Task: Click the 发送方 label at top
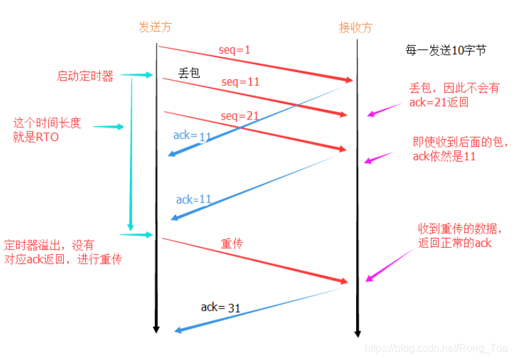[x=156, y=27]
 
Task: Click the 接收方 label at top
[x=356, y=27]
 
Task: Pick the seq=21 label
[x=239, y=116]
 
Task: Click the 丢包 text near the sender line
[x=188, y=73]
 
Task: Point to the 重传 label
[x=231, y=243]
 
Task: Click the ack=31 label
[x=220, y=307]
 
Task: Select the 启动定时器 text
[x=85, y=76]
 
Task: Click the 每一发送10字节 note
[x=445, y=50]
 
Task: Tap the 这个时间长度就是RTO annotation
[x=47, y=129]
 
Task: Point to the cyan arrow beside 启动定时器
[x=136, y=75]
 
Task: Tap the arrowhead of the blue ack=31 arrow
[x=177, y=331]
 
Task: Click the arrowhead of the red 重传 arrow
[x=346, y=282]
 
